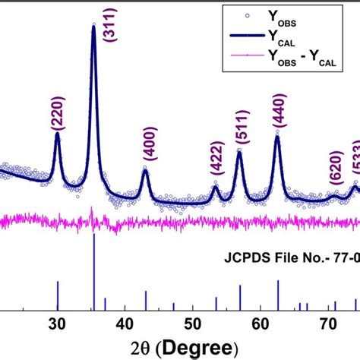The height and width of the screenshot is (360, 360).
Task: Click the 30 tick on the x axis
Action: tap(57, 322)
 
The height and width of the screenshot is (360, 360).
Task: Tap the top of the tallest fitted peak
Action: tap(93, 25)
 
